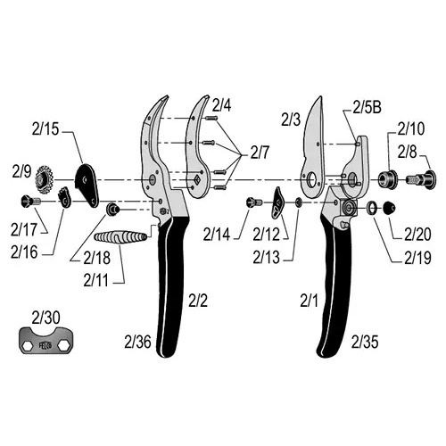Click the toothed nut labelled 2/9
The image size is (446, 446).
click(x=44, y=179)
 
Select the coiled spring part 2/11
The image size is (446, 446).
click(x=120, y=237)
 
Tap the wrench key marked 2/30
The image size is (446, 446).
click(x=46, y=341)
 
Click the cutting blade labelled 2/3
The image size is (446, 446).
click(x=313, y=149)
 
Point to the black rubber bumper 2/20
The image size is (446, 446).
click(x=389, y=208)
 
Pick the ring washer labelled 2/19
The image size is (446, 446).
click(x=372, y=208)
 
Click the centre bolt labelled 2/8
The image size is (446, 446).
click(x=422, y=179)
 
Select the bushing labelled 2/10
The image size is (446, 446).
click(x=387, y=179)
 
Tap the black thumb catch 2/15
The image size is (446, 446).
click(x=87, y=185)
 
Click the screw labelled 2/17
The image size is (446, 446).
click(x=31, y=202)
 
